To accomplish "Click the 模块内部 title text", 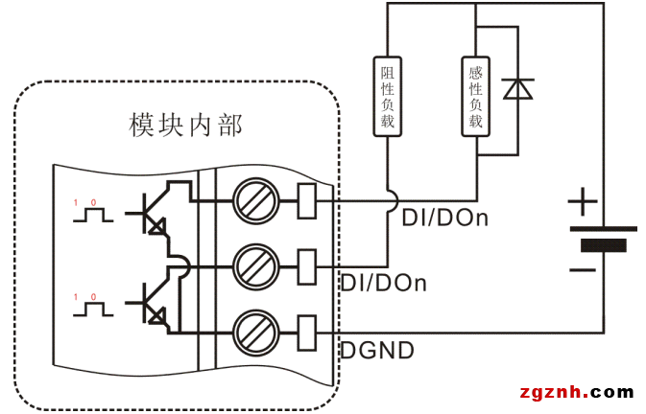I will pos(185,125).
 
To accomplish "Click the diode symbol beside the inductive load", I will pos(518,89).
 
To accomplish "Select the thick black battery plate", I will pos(604,246).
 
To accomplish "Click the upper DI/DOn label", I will pos(444,218).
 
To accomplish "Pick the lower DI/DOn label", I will pos(384,284).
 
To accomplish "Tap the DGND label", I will pos(377,351).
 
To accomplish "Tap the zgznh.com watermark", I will pos(575,392).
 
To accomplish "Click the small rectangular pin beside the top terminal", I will pos(307,200).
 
